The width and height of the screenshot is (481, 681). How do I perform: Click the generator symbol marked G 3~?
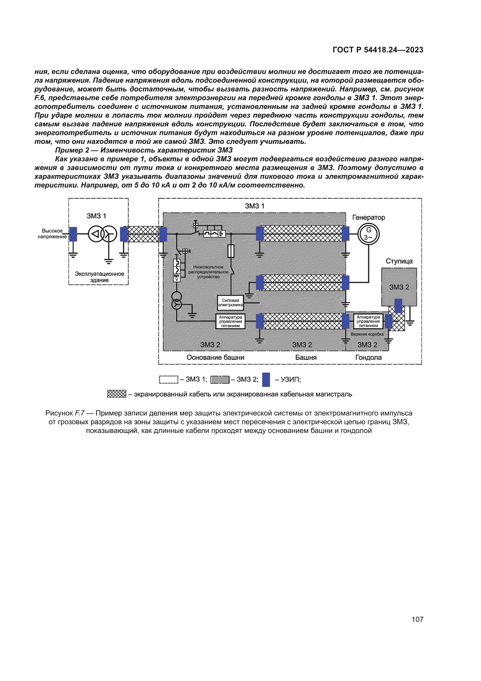tap(368, 234)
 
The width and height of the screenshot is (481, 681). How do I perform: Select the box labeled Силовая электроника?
tap(230, 303)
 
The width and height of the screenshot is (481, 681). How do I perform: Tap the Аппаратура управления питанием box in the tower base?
tap(230, 321)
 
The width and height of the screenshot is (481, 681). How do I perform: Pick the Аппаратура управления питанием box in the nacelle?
tap(368, 321)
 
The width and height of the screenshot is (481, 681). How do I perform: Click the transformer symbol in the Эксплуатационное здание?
tap(102, 234)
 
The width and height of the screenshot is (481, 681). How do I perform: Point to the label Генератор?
tap(368, 217)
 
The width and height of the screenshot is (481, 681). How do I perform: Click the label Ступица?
tap(399, 261)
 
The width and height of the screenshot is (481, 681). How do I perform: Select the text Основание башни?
tap(215, 358)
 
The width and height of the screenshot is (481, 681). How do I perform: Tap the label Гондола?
tap(368, 358)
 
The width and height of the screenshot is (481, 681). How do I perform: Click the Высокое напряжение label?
tap(52, 234)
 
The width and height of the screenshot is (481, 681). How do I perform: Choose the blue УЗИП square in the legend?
tap(266, 379)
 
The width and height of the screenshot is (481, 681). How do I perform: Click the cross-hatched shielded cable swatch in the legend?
tap(116, 394)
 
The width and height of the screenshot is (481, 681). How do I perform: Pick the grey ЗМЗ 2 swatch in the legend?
tap(220, 379)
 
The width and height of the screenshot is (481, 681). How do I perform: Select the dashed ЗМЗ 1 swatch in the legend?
tap(169, 379)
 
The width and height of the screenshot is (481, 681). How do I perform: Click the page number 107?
tap(417, 619)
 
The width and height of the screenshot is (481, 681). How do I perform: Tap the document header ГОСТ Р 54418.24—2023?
tap(378, 50)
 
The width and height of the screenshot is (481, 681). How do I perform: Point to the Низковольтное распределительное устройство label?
tap(208, 272)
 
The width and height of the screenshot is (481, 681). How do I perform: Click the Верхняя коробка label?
tap(367, 334)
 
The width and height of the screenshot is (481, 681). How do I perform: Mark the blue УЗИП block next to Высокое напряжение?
tap(73, 234)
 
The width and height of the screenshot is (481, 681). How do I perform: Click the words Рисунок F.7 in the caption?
tap(65, 413)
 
